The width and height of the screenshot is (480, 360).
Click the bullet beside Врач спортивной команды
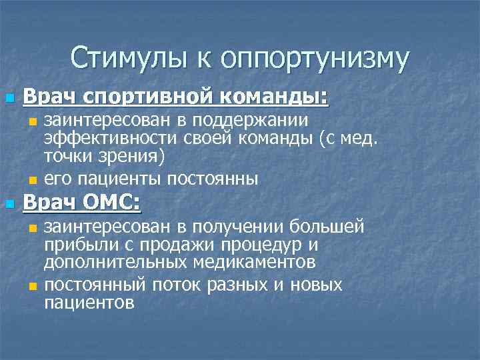[9, 99]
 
